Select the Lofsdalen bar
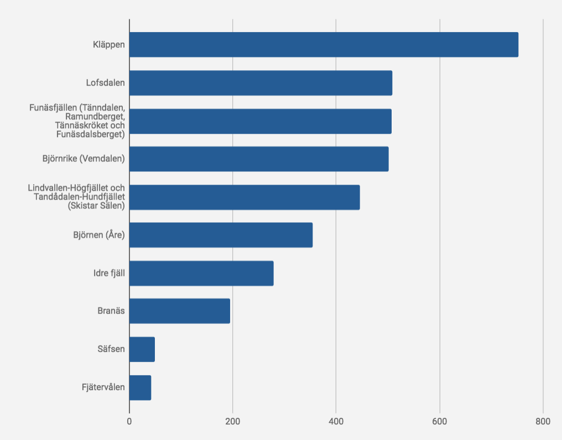pyautogui.click(x=261, y=83)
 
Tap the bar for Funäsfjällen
pyautogui.click(x=261, y=121)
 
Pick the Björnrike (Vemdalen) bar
pyautogui.click(x=259, y=159)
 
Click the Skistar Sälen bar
pyautogui.click(x=245, y=197)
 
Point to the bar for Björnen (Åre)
pyautogui.click(x=221, y=235)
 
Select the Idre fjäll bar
pyautogui.click(x=201, y=274)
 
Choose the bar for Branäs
pyautogui.click(x=180, y=311)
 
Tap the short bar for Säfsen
pyautogui.click(x=142, y=349)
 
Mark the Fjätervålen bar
pyautogui.click(x=140, y=387)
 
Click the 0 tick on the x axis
pyautogui.click(x=129, y=421)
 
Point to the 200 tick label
pyautogui.click(x=233, y=421)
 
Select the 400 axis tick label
pyautogui.click(x=336, y=421)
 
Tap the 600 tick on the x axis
pyautogui.click(x=439, y=421)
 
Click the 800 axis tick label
pyautogui.click(x=543, y=421)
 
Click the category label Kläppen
pyautogui.click(x=109, y=45)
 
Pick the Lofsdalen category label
pyautogui.click(x=105, y=83)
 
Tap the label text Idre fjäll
pyautogui.click(x=109, y=274)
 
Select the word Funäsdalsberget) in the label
pyautogui.click(x=91, y=134)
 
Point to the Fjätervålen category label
pyautogui.click(x=103, y=387)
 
